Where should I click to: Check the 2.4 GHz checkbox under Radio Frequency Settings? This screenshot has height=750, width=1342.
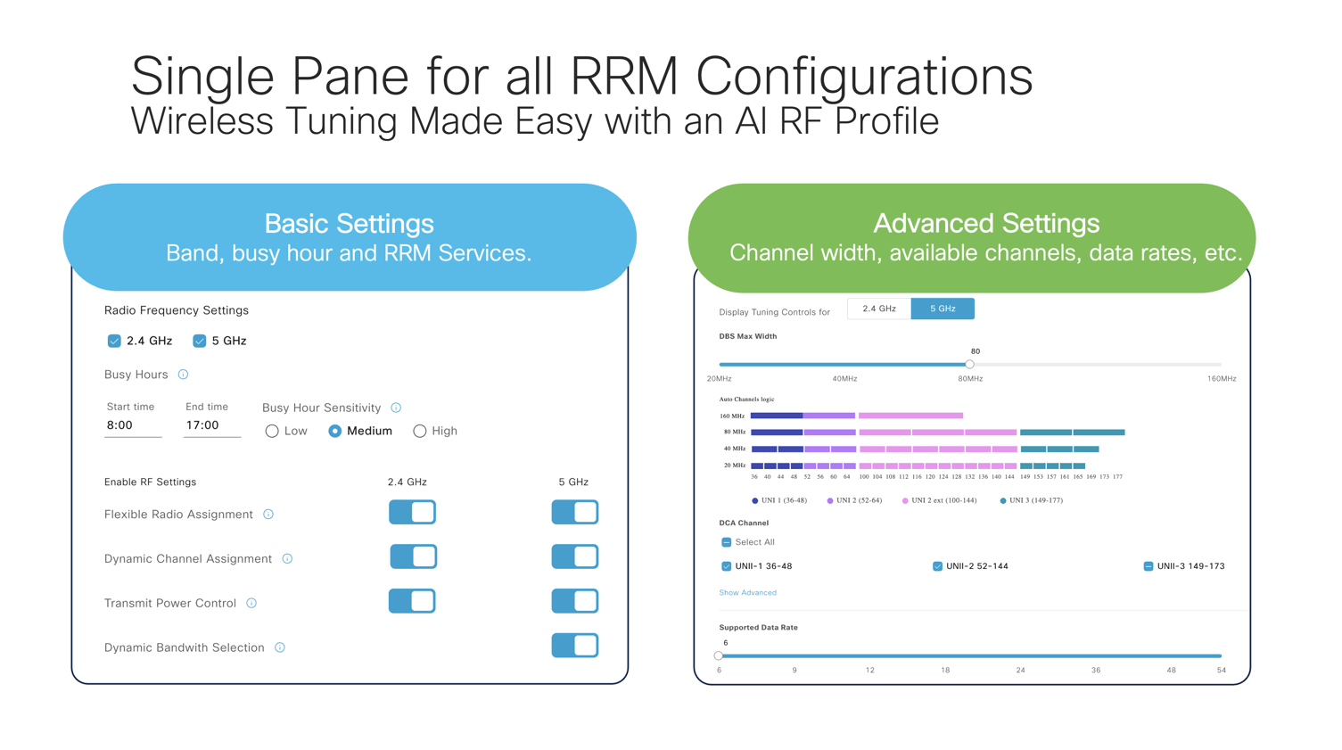coord(114,341)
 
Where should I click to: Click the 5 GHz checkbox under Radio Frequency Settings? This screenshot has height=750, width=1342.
coord(200,341)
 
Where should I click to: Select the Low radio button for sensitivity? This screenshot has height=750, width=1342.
coord(272,432)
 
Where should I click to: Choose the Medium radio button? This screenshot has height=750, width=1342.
coord(335,432)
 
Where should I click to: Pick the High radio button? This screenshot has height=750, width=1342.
coord(420,432)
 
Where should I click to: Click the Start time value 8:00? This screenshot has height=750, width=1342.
coord(120,425)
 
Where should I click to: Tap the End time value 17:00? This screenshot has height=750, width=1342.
coord(202,425)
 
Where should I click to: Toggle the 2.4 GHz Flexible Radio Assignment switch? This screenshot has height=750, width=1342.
coord(412,513)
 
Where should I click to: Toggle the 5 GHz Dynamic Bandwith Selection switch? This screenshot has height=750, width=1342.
coord(574,646)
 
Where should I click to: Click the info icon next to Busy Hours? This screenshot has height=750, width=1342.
coord(184,375)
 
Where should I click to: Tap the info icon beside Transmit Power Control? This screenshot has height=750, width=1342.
coord(251,604)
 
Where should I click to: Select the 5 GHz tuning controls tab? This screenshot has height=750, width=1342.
coord(943,309)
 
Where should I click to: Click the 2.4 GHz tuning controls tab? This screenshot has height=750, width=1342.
coord(879,309)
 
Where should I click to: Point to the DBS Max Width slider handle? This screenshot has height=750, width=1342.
coord(970,364)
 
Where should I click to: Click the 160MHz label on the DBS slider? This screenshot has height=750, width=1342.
coord(1222,379)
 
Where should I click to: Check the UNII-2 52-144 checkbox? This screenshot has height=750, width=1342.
coord(937,566)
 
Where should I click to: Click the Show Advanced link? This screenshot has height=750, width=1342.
coord(747,593)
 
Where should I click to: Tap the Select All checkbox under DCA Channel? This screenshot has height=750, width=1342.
coord(727,542)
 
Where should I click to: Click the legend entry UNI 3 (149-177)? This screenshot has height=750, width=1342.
coord(1031,501)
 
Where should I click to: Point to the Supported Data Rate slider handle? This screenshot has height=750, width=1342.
coord(719,655)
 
